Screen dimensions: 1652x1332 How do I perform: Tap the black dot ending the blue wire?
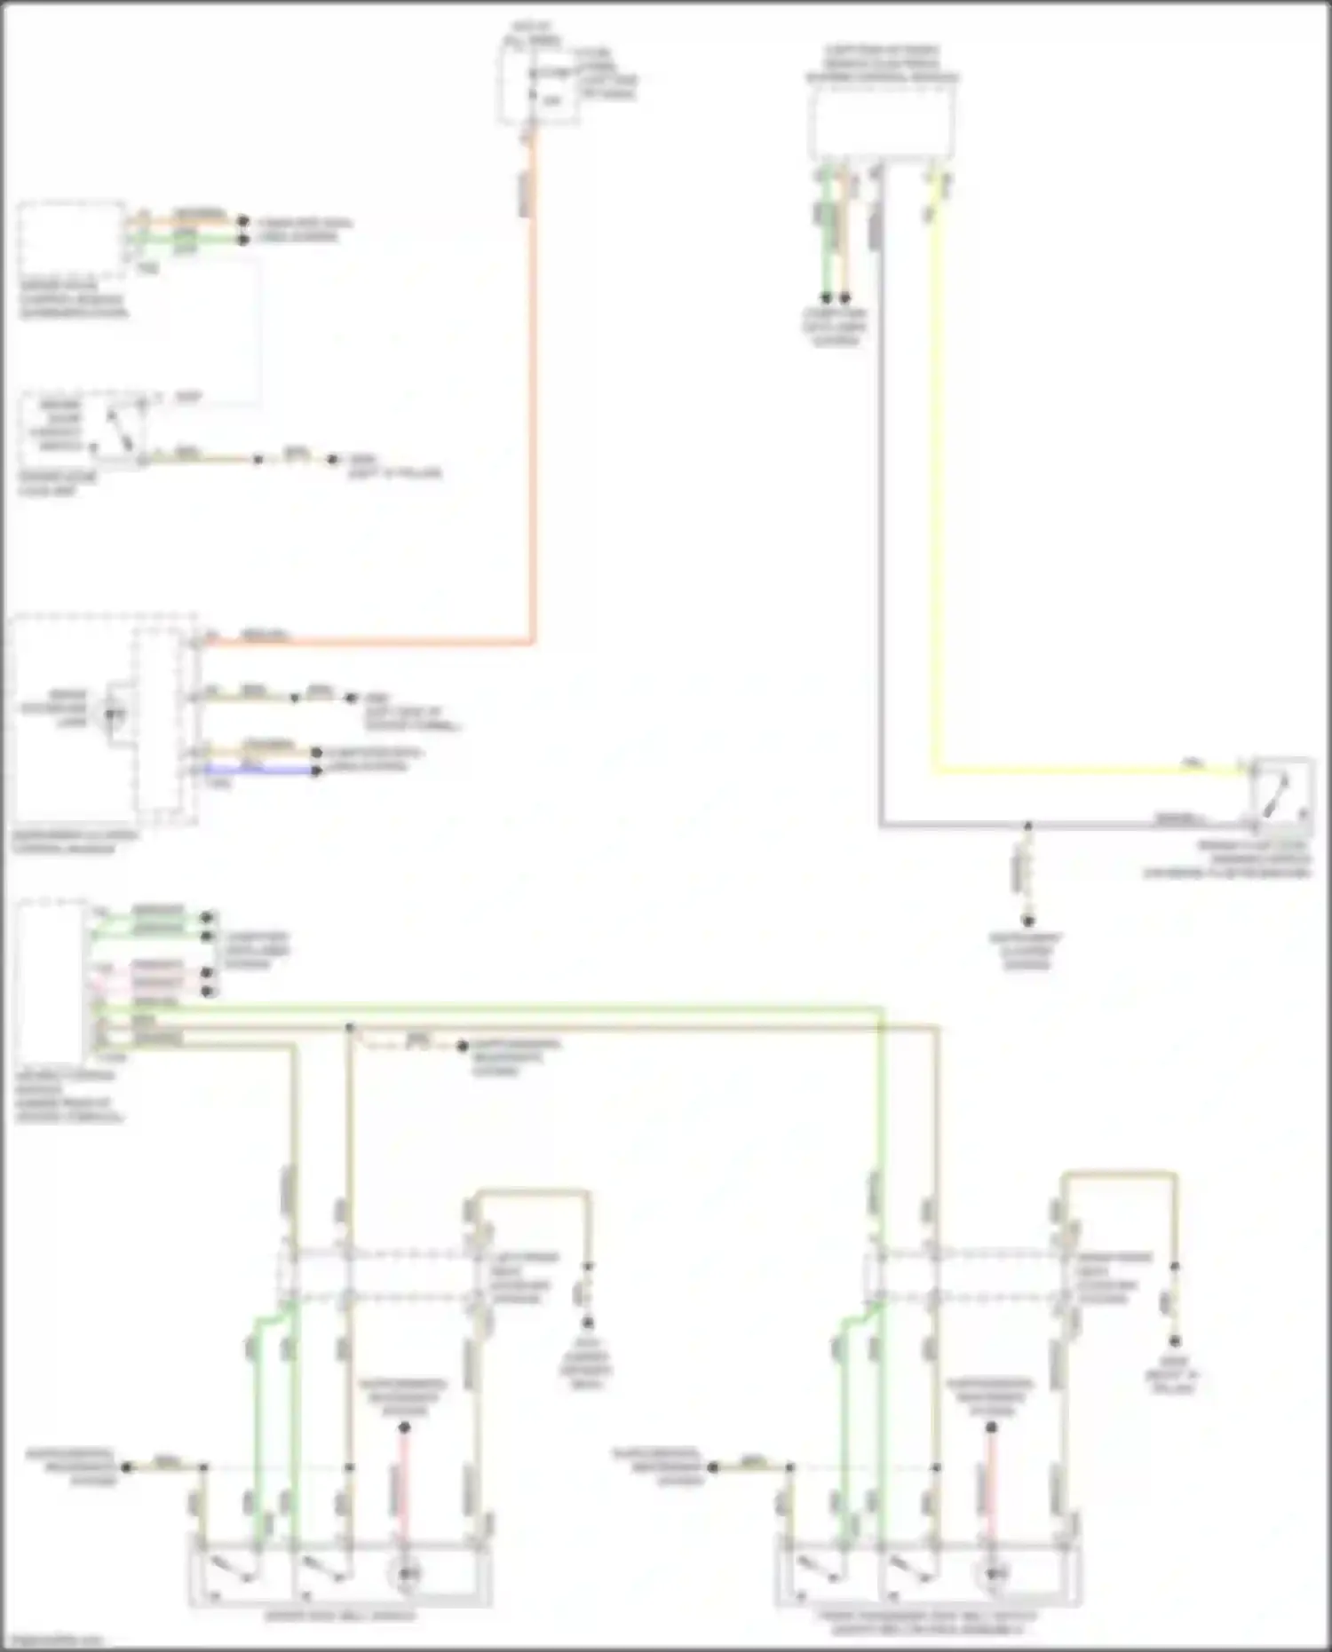pos(316,771)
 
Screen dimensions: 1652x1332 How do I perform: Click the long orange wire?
pos(533,399)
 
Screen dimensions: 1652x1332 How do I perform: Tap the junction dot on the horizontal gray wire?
pos(1027,826)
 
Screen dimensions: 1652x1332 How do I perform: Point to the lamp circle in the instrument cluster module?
pos(114,713)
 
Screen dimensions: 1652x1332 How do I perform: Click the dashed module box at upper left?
pos(71,240)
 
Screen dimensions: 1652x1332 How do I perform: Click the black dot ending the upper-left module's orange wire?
pos(242,220)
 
